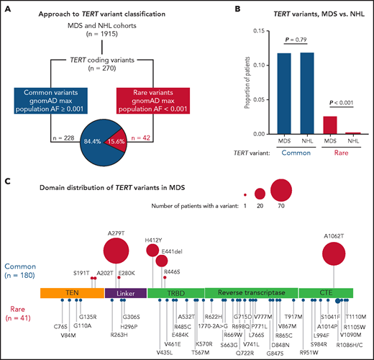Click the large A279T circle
coord(117,252)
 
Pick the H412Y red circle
coord(152,251)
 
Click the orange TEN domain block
coord(72,294)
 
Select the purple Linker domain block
coord(125,294)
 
